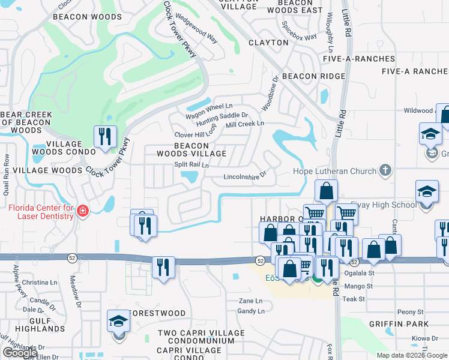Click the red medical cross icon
click(83, 211)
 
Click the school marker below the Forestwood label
click(119, 322)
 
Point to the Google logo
click(20, 353)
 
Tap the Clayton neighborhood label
click(268, 43)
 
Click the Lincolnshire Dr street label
click(244, 178)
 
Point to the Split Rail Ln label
click(191, 165)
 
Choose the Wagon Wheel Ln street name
click(209, 106)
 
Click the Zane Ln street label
click(250, 301)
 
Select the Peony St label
click(411, 312)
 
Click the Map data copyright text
click(411, 355)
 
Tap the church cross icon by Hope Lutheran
click(385, 171)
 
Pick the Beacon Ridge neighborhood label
click(313, 76)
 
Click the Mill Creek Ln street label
click(244, 124)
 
